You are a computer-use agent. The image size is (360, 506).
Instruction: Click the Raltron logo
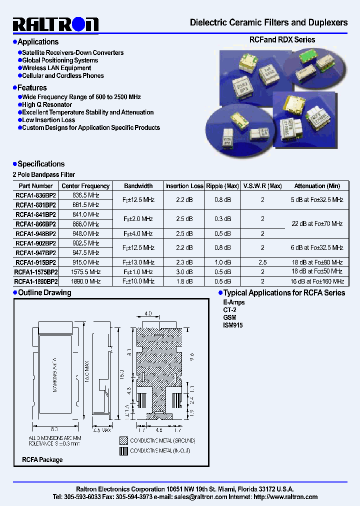[55, 24]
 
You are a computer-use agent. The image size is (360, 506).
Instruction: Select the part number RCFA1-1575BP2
[36, 272]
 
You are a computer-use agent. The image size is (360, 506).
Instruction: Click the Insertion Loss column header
[184, 186]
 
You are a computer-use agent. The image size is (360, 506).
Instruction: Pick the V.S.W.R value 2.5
[262, 262]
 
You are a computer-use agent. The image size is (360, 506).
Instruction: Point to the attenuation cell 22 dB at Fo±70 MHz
[317, 223]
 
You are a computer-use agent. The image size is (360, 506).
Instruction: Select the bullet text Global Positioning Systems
[59, 60]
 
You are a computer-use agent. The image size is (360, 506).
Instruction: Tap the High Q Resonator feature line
[47, 105]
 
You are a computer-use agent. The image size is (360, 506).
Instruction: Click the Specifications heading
[41, 164]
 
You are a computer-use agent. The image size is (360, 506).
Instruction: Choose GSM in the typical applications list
[229, 317]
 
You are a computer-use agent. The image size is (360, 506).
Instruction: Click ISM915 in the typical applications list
[232, 325]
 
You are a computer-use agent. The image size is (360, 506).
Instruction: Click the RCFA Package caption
[42, 459]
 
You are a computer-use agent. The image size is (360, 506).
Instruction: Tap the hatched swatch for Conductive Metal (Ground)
[123, 440]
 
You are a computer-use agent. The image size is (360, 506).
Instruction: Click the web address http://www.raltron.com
[285, 497]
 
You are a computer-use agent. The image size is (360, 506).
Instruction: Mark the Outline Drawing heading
[44, 293]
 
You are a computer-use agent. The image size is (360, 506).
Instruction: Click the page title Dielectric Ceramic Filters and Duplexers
[268, 22]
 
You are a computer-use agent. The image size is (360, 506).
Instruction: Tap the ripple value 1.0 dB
[222, 262]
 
